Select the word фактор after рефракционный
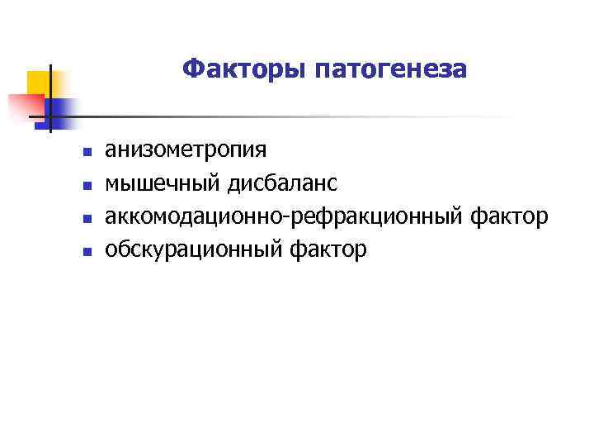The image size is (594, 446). pos(509,216)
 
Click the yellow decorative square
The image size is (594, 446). pos(38,83)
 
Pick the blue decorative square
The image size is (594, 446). pos(63,108)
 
